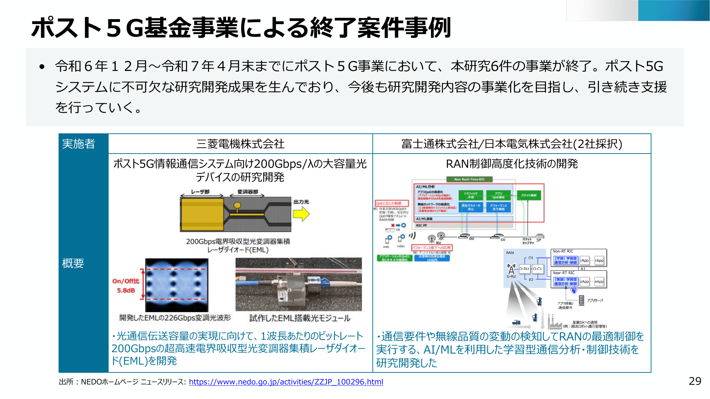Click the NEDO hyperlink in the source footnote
(x=286, y=382)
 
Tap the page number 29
(x=695, y=381)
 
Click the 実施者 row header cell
(x=79, y=144)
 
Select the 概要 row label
(x=73, y=263)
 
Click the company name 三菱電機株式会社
(x=240, y=144)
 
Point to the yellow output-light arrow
(x=301, y=214)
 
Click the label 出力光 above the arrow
(x=301, y=201)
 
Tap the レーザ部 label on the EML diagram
(x=200, y=192)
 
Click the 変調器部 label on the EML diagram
(x=248, y=192)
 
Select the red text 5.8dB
(x=126, y=290)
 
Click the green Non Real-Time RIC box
(x=469, y=179)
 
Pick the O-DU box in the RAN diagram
(x=524, y=269)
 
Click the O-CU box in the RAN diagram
(x=537, y=269)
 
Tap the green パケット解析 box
(x=529, y=195)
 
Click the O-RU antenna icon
(x=511, y=269)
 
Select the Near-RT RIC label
(x=563, y=273)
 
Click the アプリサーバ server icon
(x=581, y=300)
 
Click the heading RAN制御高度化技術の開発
(x=512, y=164)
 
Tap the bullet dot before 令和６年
(x=42, y=67)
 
